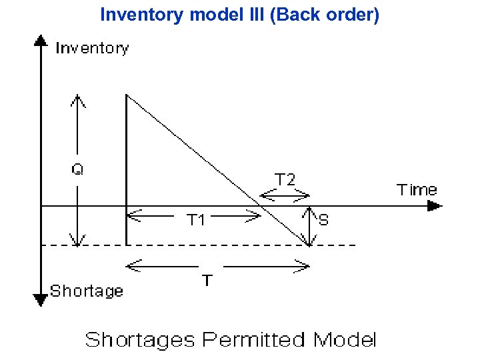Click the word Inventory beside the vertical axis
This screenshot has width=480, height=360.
pyautogui.click(x=92, y=48)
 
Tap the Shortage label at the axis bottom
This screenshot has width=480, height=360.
pyautogui.click(x=87, y=291)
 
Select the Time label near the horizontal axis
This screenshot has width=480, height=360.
pyautogui.click(x=417, y=190)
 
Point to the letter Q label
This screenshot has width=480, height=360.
pyautogui.click(x=78, y=169)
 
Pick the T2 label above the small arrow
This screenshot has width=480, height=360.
pyautogui.click(x=285, y=179)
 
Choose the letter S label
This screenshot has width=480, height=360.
pyautogui.click(x=323, y=220)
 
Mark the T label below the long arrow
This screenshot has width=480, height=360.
pyautogui.click(x=207, y=281)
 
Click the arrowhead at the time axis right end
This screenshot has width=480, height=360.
pyautogui.click(x=434, y=206)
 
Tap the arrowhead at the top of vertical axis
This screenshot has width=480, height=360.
pyautogui.click(x=41, y=41)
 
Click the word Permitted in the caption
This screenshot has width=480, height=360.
pyautogui.click(x=255, y=340)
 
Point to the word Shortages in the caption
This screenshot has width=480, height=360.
pyautogui.click(x=139, y=340)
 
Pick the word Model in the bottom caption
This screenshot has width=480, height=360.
pyautogui.click(x=345, y=340)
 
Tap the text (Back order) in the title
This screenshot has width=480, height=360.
pyautogui.click(x=326, y=14)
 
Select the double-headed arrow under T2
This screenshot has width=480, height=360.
pyautogui.click(x=285, y=195)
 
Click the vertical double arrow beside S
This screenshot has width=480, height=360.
pyautogui.click(x=310, y=225)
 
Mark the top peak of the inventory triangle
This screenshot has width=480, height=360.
pyautogui.click(x=127, y=95)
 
